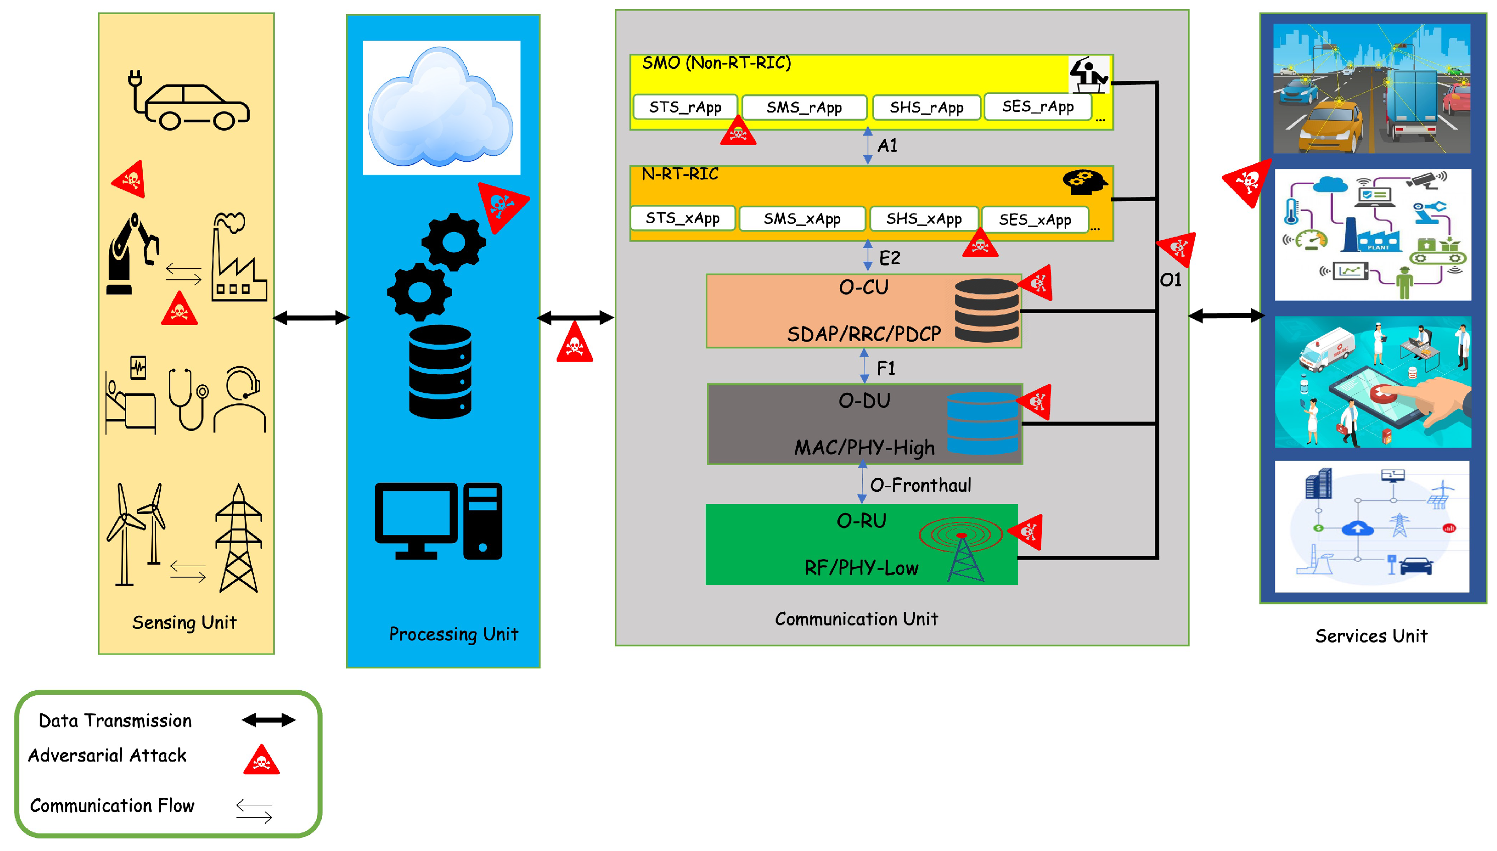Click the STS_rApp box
pyautogui.click(x=684, y=108)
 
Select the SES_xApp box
pyautogui.click(x=1034, y=220)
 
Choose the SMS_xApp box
pyautogui.click(x=801, y=219)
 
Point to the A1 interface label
pyautogui.click(x=887, y=146)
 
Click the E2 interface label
pyautogui.click(x=889, y=258)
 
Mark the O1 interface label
pyautogui.click(x=1170, y=280)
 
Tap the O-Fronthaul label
pyautogui.click(x=920, y=485)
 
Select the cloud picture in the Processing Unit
pyautogui.click(x=441, y=108)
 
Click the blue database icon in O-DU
pyautogui.click(x=982, y=423)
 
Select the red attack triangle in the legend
pyautogui.click(x=261, y=760)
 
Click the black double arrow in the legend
pyautogui.click(x=268, y=720)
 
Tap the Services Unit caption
pyautogui.click(x=1370, y=636)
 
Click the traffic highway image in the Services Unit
pyautogui.click(x=1371, y=89)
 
